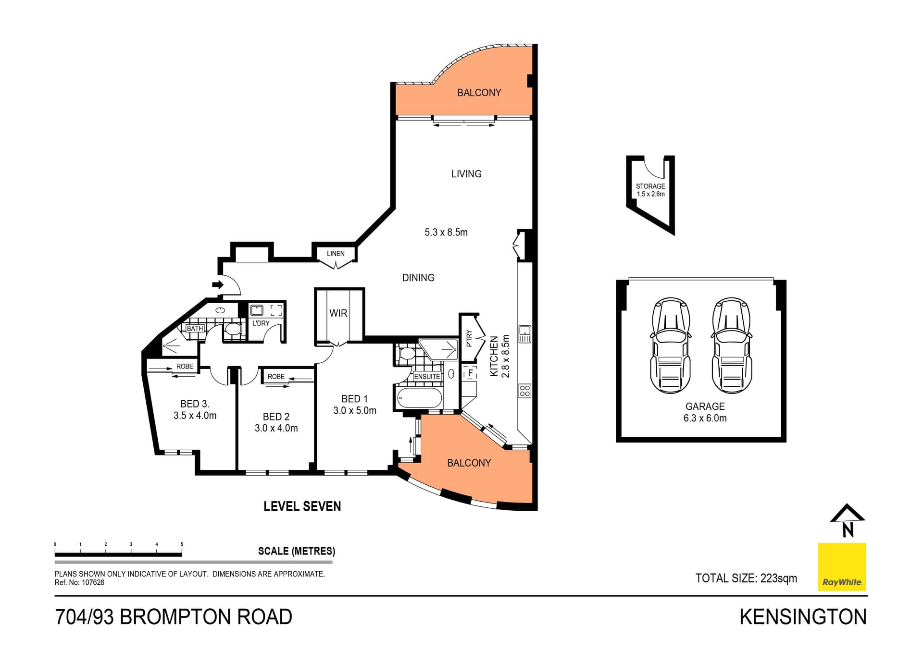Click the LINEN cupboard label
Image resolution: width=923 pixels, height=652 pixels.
coord(336,254)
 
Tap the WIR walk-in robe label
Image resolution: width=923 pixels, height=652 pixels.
coord(338,313)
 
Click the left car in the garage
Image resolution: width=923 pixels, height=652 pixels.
coord(670,345)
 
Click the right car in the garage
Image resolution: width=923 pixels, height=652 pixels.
coord(731,345)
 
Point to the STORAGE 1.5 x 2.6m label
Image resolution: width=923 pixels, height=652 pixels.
coord(650,190)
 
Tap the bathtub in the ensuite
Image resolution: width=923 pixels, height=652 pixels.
coord(419,398)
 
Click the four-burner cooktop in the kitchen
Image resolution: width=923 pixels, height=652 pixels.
coord(525,391)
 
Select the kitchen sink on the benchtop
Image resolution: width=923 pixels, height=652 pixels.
coord(525,333)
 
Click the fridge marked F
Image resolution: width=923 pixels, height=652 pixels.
coord(470,373)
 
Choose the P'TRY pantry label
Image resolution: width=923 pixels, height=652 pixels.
coord(469,338)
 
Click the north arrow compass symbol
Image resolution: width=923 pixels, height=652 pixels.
coord(848,520)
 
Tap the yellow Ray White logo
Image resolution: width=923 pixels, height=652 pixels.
coord(842,567)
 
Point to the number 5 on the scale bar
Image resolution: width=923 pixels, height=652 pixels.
coord(182,544)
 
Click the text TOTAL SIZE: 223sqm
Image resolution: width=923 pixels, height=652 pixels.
coord(746,578)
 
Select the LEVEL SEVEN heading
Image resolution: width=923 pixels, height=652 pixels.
coord(302,506)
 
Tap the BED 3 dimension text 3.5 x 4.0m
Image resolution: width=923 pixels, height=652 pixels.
coord(195,416)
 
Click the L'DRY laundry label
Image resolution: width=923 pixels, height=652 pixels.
coord(261,323)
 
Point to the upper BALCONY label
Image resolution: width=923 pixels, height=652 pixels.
coord(479,93)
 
